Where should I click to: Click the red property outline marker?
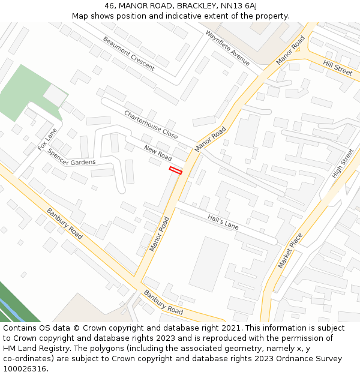[x=175, y=170]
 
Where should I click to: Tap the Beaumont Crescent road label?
[x=128, y=53]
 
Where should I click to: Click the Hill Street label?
[x=337, y=67]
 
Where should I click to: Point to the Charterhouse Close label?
[x=151, y=125]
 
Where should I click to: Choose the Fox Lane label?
[x=47, y=139]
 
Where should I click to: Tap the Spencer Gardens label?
[x=71, y=158]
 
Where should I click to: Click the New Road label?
[x=158, y=152]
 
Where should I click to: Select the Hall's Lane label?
[x=223, y=222]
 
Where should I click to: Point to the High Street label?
[x=343, y=163]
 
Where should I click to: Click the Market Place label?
[x=290, y=250]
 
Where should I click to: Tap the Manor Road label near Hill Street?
[x=291, y=51]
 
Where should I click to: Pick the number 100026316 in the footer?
[x=24, y=369]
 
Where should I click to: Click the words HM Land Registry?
[x=34, y=349]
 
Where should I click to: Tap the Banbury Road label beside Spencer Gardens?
[x=65, y=223]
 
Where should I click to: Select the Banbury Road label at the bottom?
[x=163, y=302]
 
